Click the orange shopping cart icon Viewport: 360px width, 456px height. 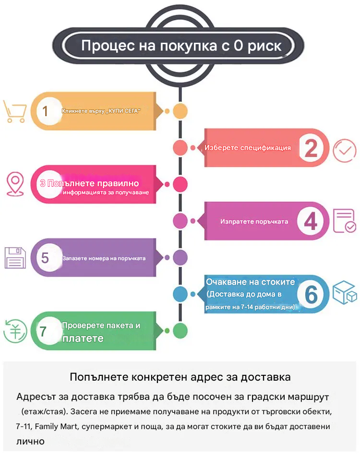pyautogui.click(x=14, y=111)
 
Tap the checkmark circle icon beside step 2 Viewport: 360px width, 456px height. pyautogui.click(x=345, y=151)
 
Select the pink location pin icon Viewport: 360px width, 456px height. pyautogui.click(x=15, y=184)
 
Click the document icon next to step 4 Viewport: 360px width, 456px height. pyautogui.click(x=345, y=221)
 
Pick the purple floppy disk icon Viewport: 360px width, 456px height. pyautogui.click(x=15, y=258)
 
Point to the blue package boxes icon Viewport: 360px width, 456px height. pyautogui.click(x=345, y=293)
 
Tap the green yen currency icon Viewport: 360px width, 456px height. pyautogui.click(x=15, y=331)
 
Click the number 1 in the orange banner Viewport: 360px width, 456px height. pyautogui.click(x=45, y=111)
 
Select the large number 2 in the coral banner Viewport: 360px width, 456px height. pyautogui.click(x=311, y=148)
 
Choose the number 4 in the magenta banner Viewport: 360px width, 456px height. pyautogui.click(x=311, y=221)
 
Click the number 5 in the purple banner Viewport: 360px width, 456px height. pyautogui.click(x=45, y=258)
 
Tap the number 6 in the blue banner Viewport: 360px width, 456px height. pyautogui.click(x=311, y=294)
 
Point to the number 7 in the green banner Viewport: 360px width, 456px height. pyautogui.click(x=43, y=331)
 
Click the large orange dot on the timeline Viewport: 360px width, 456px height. pyautogui.click(x=180, y=111)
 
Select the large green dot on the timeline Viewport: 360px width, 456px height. pyautogui.click(x=180, y=331)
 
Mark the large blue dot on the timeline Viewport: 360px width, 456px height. pyautogui.click(x=180, y=294)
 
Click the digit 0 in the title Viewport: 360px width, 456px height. pyautogui.click(x=239, y=46)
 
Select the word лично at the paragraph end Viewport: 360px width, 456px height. pyautogui.click(x=31, y=442)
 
